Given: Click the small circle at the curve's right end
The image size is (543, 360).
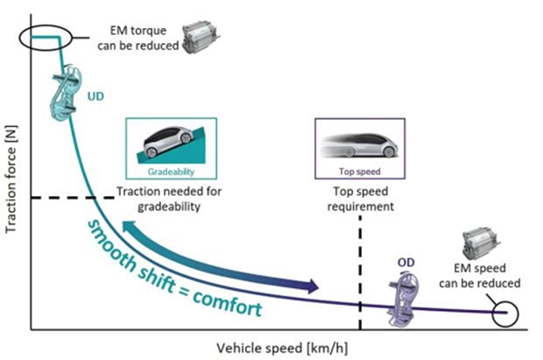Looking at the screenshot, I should pos(505,312).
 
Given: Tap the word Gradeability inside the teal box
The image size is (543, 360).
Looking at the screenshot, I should pos(167,172).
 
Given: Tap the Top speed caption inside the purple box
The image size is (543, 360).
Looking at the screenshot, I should pos(359,173).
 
